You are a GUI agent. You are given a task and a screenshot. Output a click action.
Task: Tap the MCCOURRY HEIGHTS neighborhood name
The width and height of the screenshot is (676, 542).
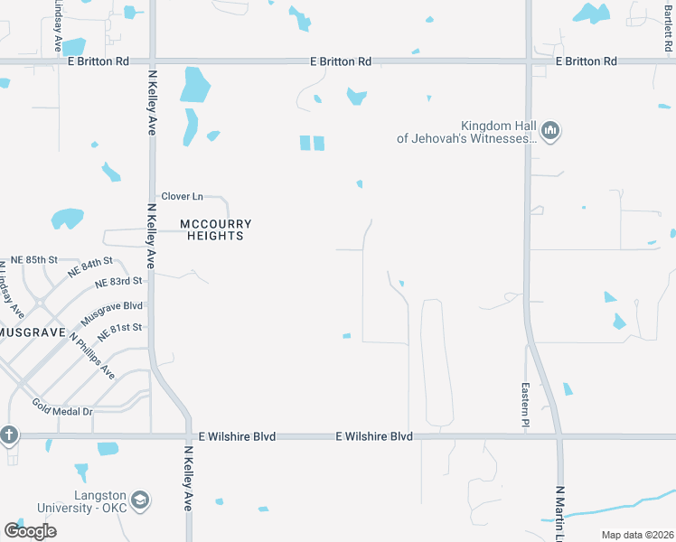[x=215, y=229]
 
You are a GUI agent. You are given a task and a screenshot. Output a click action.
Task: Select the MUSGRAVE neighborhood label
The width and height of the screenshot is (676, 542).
[x=32, y=332]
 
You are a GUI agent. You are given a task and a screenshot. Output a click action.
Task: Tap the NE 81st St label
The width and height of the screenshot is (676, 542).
[x=119, y=329]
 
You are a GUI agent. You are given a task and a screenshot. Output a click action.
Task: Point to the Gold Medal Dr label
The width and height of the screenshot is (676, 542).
[x=62, y=407]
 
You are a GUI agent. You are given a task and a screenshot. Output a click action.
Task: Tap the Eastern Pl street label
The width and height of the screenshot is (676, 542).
[x=524, y=402]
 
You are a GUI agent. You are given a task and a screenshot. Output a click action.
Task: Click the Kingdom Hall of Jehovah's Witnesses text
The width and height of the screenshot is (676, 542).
[x=466, y=132]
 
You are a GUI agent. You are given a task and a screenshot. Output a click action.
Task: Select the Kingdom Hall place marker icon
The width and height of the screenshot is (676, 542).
[x=550, y=133]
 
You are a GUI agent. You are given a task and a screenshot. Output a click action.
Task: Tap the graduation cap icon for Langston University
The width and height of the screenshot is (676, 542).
[x=140, y=500]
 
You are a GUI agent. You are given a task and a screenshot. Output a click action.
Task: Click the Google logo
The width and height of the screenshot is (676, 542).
[x=30, y=531]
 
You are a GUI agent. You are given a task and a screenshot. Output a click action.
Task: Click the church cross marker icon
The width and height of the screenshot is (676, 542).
[x=9, y=435]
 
